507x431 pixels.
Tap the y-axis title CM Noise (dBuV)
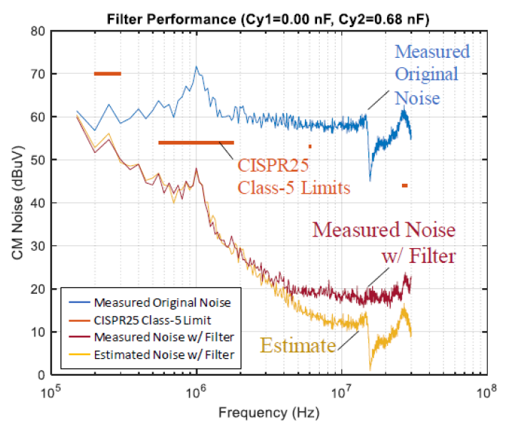coord(15,203)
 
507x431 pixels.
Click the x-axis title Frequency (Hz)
coord(268,414)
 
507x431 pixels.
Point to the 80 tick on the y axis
coord(38,31)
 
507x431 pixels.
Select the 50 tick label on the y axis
coord(38,160)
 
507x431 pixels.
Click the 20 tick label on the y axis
coord(38,289)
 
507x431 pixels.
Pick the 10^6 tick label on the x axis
coord(196,392)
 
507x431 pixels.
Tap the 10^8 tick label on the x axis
coord(486,392)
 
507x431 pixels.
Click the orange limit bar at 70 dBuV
coord(108,74)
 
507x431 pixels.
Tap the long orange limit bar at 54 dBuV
coord(196,142)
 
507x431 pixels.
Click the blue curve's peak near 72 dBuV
coord(196,66)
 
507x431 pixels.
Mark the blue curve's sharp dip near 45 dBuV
coord(370,180)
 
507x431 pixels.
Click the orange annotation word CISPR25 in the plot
coord(271,167)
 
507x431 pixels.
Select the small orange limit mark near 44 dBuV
coord(405,185)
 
